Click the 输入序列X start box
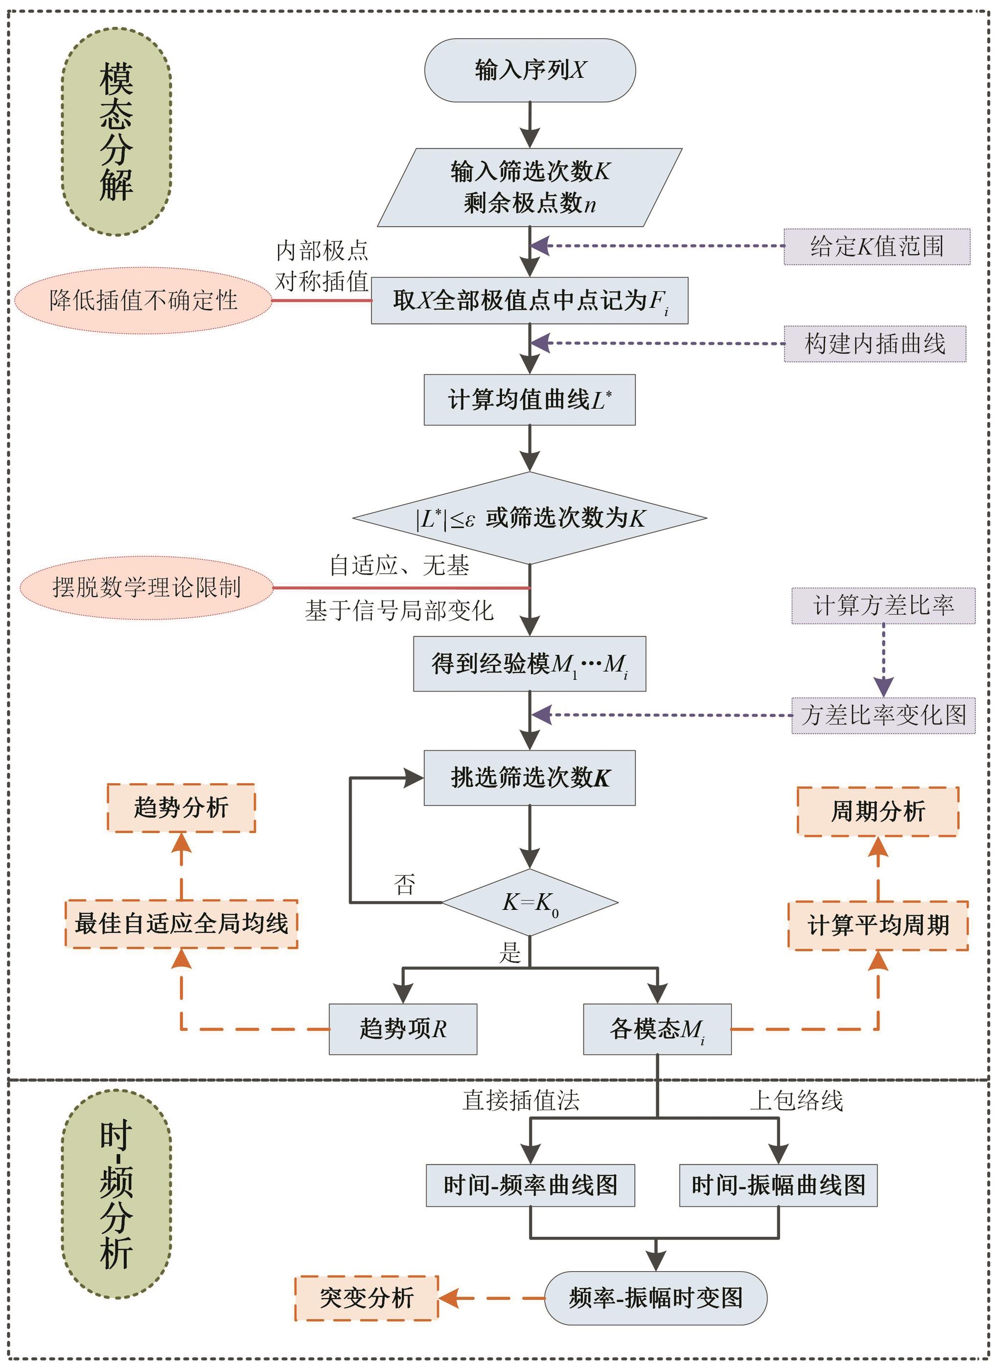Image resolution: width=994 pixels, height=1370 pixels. click(529, 70)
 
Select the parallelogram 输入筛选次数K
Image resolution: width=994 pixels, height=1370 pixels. click(529, 187)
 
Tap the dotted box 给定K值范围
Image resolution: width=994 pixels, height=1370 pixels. click(876, 247)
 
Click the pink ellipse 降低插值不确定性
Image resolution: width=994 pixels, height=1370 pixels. click(143, 300)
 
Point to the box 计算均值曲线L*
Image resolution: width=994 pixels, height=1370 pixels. click(529, 400)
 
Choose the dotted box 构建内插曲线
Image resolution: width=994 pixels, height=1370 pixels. click(875, 344)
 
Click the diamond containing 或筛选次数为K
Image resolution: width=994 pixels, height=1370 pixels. click(529, 518)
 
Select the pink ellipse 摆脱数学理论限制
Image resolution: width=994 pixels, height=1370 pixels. click(146, 587)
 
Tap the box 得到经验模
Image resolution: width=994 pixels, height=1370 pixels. click(529, 664)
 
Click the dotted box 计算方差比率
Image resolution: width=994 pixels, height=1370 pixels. click(883, 605)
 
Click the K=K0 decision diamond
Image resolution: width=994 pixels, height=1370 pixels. click(529, 903)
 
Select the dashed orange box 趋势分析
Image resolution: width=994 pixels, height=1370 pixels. click(181, 808)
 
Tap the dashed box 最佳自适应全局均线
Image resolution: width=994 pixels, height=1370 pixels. click(181, 924)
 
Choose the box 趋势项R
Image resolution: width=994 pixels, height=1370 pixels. click(403, 1029)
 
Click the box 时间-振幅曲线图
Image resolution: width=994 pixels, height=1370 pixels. click(778, 1185)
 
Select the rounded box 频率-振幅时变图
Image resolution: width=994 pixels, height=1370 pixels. click(655, 1298)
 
